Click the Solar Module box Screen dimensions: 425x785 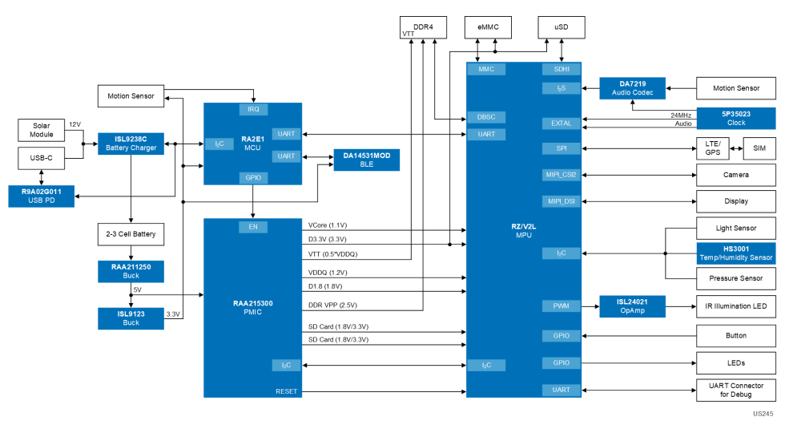pos(41,130)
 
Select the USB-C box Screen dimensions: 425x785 pos(41,158)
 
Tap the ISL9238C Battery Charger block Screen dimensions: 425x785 pos(130,144)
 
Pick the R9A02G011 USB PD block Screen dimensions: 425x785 pos(42,195)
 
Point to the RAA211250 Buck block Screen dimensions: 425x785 pos(130,270)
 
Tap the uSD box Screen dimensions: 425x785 pos(561,27)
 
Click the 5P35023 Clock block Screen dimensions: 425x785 pos(735,118)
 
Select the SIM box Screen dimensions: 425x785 pos(759,148)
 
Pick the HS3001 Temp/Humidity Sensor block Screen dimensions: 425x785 pos(735,253)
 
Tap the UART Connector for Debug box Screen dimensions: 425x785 pos(735,390)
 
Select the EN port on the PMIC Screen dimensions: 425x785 pos(253,227)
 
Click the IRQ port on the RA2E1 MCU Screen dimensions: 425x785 pos(253,108)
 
